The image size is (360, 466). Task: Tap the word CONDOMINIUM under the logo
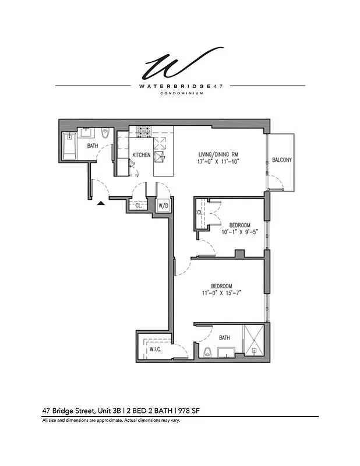point(180,93)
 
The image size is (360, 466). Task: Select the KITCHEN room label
point(142,155)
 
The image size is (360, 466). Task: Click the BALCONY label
point(281,160)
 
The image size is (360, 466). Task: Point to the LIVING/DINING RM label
point(219,154)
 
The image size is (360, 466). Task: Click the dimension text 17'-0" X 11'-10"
point(219,162)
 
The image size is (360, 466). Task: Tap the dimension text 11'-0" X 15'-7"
point(222,293)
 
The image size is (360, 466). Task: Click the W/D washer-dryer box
point(164,206)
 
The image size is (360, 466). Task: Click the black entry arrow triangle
point(101,203)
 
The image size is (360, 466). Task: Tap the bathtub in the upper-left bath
point(69,146)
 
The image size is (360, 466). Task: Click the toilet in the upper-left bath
point(105,133)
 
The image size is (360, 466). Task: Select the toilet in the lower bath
point(208,351)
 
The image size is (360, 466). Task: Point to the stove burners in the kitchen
point(143,131)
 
